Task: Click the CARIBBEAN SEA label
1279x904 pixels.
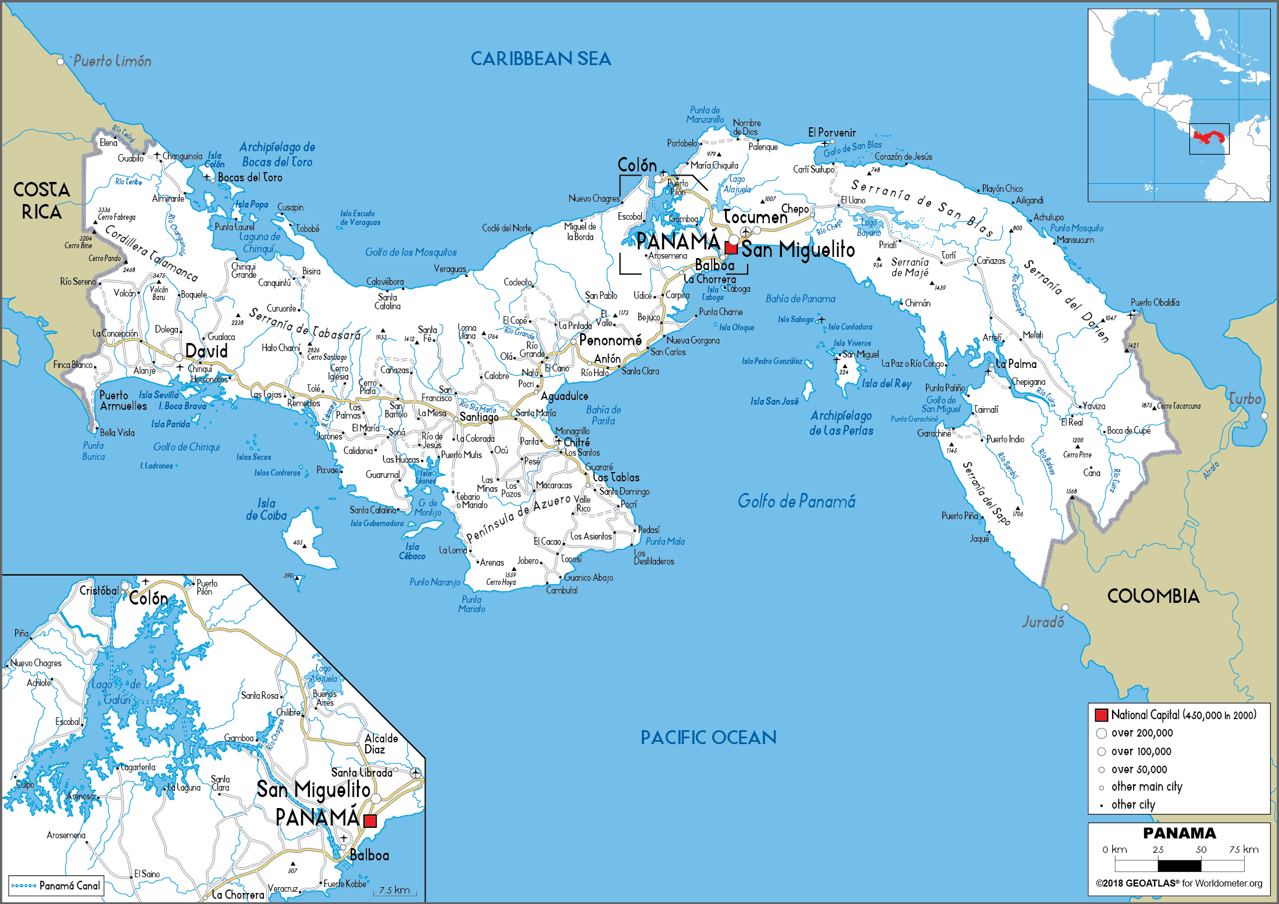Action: (541, 59)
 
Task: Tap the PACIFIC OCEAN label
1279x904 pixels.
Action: (708, 737)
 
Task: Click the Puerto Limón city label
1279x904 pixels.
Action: (112, 61)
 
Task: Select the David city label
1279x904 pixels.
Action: (206, 351)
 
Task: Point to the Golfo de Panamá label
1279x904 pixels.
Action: (796, 501)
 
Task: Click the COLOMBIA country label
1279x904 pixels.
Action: (1153, 596)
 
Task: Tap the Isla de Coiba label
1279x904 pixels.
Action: (266, 509)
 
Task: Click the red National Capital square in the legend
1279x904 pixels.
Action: (1101, 715)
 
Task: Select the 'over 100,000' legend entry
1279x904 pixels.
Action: (1141, 752)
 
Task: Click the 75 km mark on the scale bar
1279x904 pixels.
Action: (1244, 850)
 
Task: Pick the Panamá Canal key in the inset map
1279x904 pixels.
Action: (56, 885)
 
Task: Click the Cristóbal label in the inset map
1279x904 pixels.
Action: (99, 591)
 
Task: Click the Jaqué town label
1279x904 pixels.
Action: (979, 538)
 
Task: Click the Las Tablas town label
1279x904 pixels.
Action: (616, 477)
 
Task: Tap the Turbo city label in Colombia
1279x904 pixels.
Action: (1244, 399)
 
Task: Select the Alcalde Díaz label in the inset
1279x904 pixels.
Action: (381, 744)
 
